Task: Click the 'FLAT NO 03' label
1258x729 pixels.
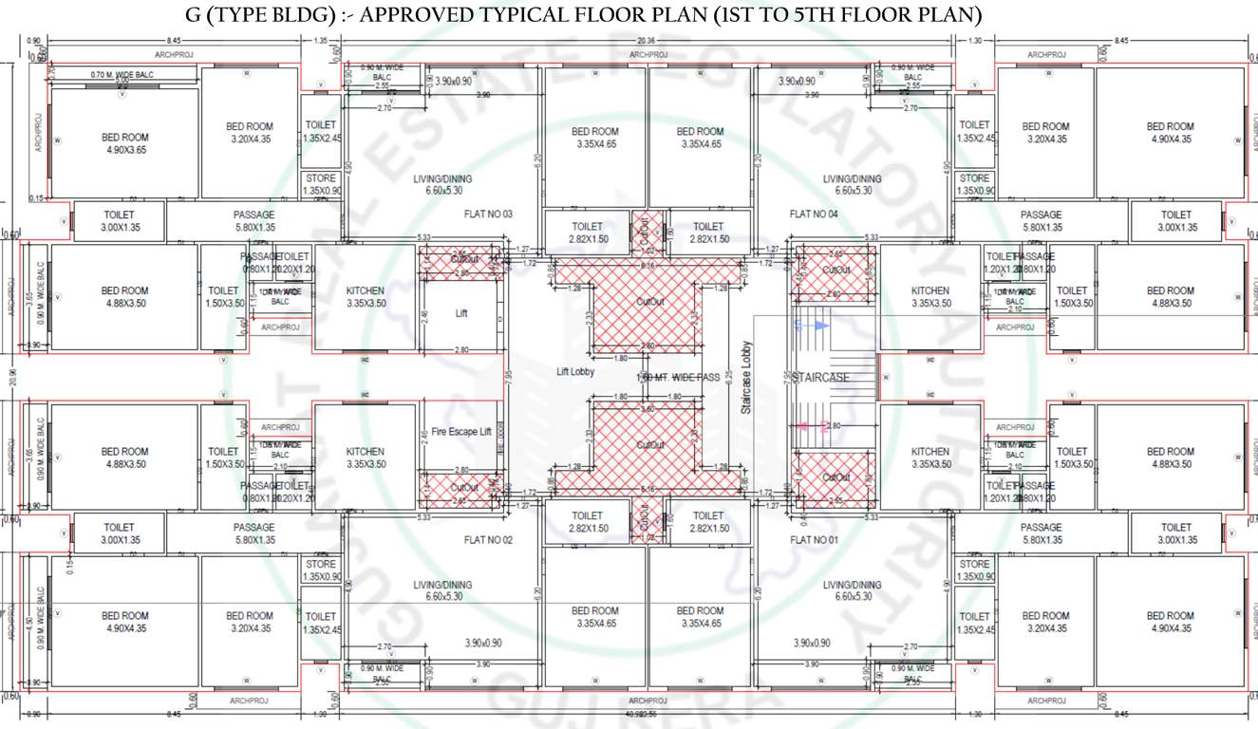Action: (488, 215)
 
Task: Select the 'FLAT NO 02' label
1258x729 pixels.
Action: (488, 539)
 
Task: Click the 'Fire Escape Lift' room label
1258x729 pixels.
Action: (460, 431)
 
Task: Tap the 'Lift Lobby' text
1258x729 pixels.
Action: (575, 372)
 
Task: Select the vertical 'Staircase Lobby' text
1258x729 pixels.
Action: (746, 377)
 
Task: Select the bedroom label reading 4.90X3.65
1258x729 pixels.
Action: (125, 143)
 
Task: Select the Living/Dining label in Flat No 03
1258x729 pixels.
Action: (442, 184)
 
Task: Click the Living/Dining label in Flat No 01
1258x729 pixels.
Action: (852, 590)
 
